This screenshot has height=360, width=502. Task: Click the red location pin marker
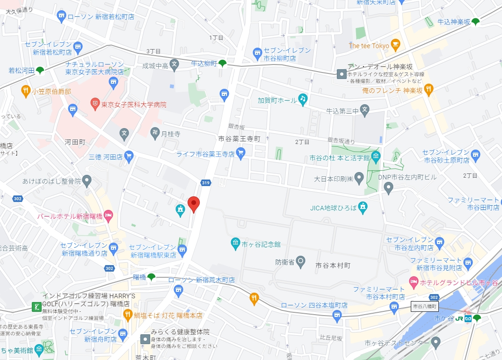(x=194, y=204)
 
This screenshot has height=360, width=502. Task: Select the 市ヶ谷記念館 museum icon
(x=235, y=244)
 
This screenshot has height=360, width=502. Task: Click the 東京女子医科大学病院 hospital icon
(x=95, y=104)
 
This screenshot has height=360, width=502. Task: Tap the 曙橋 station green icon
(x=151, y=277)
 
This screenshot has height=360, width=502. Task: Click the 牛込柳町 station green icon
(x=223, y=63)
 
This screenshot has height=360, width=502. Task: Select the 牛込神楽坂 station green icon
(x=475, y=22)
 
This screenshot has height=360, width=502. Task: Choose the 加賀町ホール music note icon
(x=303, y=99)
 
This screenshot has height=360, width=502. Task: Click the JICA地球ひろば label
(x=333, y=208)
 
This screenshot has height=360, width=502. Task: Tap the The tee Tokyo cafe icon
(x=395, y=46)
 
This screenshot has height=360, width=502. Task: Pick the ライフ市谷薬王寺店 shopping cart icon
(x=240, y=152)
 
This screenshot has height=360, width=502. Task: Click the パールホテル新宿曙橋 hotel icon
(x=109, y=216)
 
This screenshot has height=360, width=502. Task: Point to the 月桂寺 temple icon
(x=155, y=133)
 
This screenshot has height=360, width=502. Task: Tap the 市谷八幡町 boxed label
(x=425, y=307)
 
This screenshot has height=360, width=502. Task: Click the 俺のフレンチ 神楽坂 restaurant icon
(x=429, y=90)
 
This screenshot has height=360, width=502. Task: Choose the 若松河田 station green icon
(x=40, y=71)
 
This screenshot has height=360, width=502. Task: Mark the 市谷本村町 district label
(x=333, y=265)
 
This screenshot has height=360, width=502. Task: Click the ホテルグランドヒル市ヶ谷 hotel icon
(x=413, y=281)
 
